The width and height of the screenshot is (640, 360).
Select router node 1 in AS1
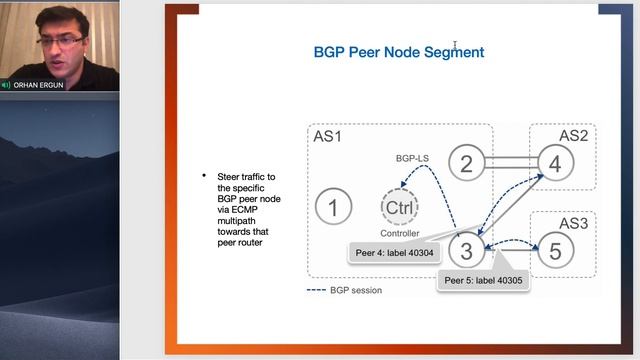pyautogui.click(x=333, y=207)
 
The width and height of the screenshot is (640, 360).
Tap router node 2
pyautogui.click(x=466, y=163)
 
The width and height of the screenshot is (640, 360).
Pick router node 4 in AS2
pyautogui.click(x=556, y=163)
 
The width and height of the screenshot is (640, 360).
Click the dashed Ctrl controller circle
pyautogui.click(x=399, y=207)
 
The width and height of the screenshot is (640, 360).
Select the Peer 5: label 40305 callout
pyautogui.click(x=483, y=280)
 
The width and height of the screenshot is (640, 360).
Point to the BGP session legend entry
pyautogui.click(x=344, y=290)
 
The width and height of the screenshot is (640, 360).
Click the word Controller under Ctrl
pyautogui.click(x=399, y=233)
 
